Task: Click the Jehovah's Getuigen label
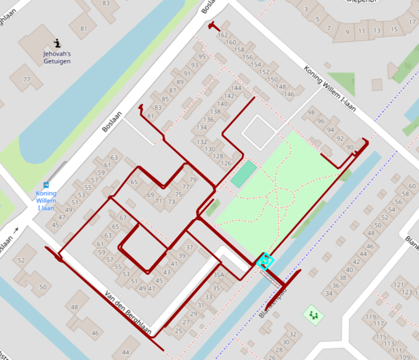pyautogui.click(x=57, y=57)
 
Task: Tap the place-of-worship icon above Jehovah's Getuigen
pyautogui.click(x=57, y=43)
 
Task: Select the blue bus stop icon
pyautogui.click(x=46, y=185)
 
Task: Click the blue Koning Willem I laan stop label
pyautogui.click(x=46, y=200)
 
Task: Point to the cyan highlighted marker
pyautogui.click(x=265, y=261)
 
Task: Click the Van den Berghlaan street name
pyautogui.click(x=128, y=313)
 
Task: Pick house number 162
pyautogui.click(x=222, y=35)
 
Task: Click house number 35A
pyautogui.click(x=218, y=275)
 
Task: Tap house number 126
pyautogui.click(x=226, y=163)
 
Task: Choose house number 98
pyautogui.click(x=311, y=112)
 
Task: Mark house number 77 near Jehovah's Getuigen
pyautogui.click(x=27, y=79)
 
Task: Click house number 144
pyautogui.click(x=236, y=88)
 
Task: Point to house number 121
pyautogui.click(x=399, y=285)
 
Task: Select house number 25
pyautogui.click(x=179, y=331)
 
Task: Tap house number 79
pyautogui.click(x=193, y=180)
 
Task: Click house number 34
pyautogui.click(x=329, y=293)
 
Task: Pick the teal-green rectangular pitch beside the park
pyautogui.click(x=243, y=174)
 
